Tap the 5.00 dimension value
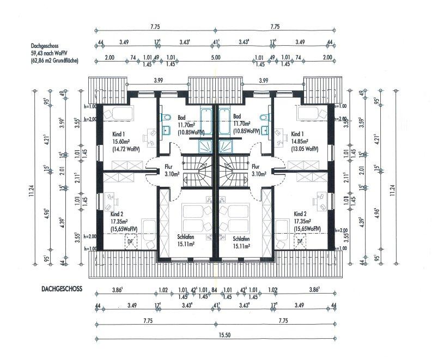pos(215,57)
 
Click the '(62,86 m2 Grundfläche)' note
pos(54,62)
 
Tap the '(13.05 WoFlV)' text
pos(303,148)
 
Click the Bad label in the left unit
pos(181,117)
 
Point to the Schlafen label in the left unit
pos(186,238)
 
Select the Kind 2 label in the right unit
pos(301,214)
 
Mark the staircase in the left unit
pos(196,169)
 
